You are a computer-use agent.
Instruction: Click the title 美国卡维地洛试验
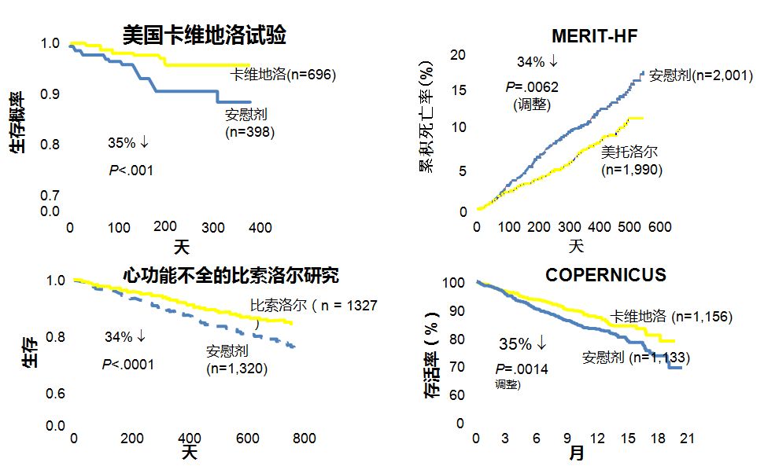204,35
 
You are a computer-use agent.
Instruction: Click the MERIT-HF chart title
594,36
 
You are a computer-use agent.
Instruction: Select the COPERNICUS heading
606,275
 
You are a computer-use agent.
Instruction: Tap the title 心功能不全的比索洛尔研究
231,276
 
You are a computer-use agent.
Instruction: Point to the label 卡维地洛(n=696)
283,75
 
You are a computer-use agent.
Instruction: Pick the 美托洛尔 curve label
629,152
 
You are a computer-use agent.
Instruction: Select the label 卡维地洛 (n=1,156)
671,317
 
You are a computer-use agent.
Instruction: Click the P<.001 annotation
131,171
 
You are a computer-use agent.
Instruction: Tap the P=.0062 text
532,86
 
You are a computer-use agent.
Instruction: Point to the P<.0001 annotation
127,364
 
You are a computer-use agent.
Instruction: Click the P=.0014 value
522,369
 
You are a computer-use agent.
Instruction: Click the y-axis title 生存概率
17,122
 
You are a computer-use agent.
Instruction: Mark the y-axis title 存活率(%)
432,361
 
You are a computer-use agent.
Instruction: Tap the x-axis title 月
577,453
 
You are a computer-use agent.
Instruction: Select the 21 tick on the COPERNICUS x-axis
687,438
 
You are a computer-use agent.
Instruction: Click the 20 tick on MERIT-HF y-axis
458,54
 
